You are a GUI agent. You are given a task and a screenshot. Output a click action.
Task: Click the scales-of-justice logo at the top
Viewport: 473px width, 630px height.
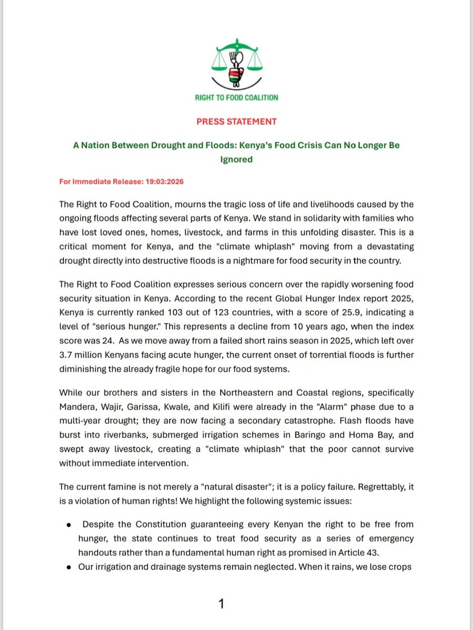pyautogui.click(x=236, y=64)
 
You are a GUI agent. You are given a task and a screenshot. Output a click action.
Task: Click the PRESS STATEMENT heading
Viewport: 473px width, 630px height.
pyautogui.click(x=236, y=121)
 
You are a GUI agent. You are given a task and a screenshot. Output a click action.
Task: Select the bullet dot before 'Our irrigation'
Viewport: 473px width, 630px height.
pyautogui.click(x=69, y=566)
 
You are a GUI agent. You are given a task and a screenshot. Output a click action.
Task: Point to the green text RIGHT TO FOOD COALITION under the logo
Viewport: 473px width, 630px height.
pyautogui.click(x=236, y=97)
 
